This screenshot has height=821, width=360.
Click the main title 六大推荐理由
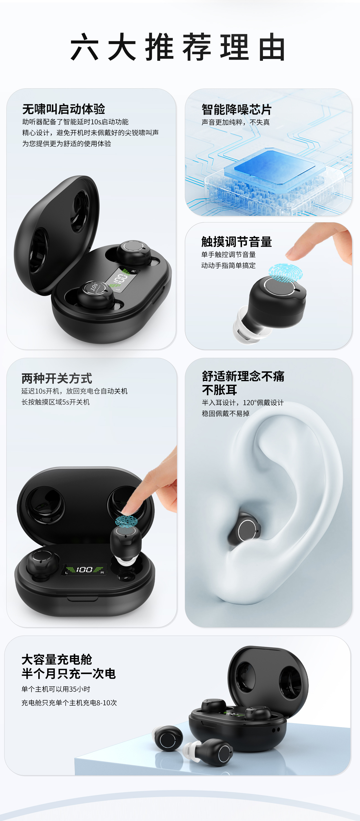coord(178,47)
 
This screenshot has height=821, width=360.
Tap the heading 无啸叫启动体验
coord(64,109)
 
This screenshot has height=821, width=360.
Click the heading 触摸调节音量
coord(236,242)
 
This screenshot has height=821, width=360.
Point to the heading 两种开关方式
coord(57,378)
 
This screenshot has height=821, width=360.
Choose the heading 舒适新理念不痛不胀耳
coord(243,383)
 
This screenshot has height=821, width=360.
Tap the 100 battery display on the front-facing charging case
coord(84,570)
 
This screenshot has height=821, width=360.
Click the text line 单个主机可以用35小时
coord(56,689)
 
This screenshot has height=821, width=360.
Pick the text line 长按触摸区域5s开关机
coord(56,402)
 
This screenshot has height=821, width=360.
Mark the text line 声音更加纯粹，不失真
coord(236,122)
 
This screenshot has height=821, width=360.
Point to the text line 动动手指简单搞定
coord(228,265)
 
